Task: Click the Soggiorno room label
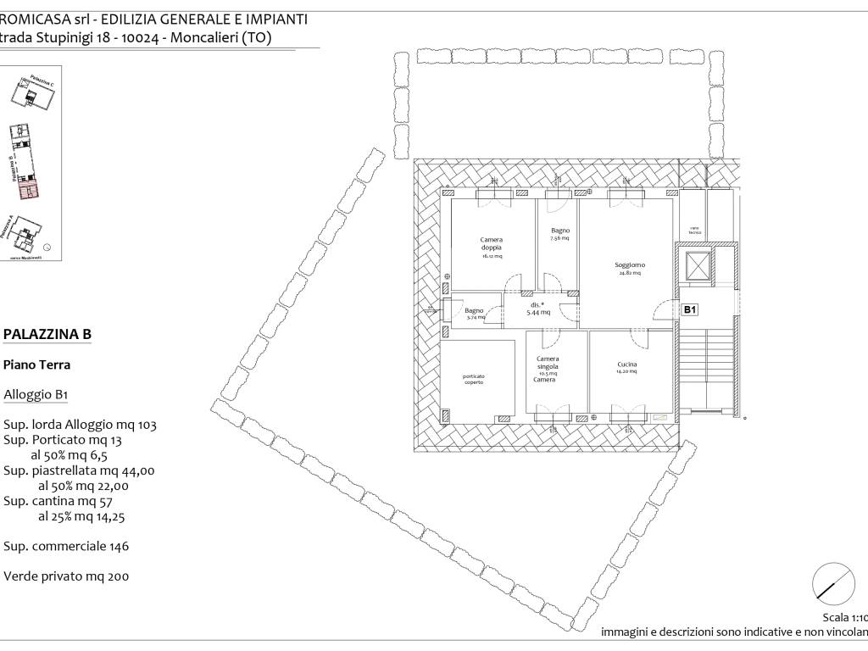pyautogui.click(x=629, y=265)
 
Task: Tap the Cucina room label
pyautogui.click(x=627, y=365)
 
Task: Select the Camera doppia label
pyautogui.click(x=492, y=244)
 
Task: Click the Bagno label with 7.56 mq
pyautogui.click(x=559, y=231)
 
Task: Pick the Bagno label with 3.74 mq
pyautogui.click(x=475, y=311)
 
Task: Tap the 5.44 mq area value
pyautogui.click(x=539, y=312)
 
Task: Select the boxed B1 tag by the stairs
pyautogui.click(x=690, y=310)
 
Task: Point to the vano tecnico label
pyautogui.click(x=693, y=231)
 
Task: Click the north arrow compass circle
pyautogui.click(x=833, y=583)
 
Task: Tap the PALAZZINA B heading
pyautogui.click(x=47, y=335)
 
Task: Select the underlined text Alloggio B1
pyautogui.click(x=36, y=394)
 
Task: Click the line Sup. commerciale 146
pyautogui.click(x=66, y=547)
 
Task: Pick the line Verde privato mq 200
pyautogui.click(x=66, y=576)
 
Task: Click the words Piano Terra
pyautogui.click(x=36, y=365)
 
